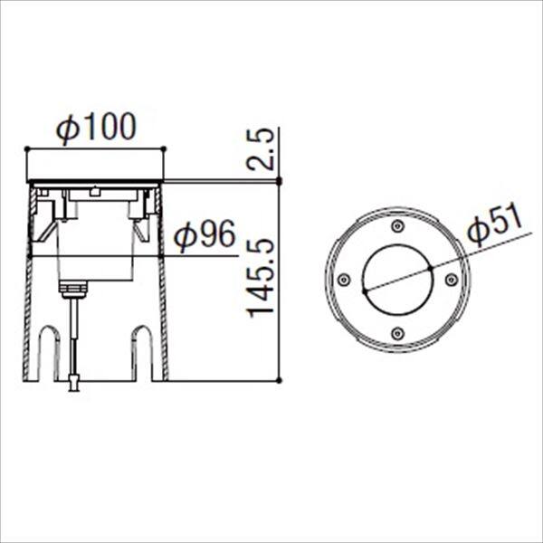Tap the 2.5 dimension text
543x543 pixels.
259,151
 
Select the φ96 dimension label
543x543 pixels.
204,237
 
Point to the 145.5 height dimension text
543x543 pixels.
261,278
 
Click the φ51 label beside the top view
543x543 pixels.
494,224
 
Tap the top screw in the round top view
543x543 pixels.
396,225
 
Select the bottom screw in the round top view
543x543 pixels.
396,334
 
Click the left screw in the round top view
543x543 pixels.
343,280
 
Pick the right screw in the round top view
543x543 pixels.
451,280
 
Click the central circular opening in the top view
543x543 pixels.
396,280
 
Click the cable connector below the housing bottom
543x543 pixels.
73,384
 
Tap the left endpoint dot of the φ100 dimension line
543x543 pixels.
27,148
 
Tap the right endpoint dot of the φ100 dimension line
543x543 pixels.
164,148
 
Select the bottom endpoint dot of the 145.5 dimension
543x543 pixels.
279,380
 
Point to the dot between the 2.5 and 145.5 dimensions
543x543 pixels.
279,182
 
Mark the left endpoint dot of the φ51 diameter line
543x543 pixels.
363,291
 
